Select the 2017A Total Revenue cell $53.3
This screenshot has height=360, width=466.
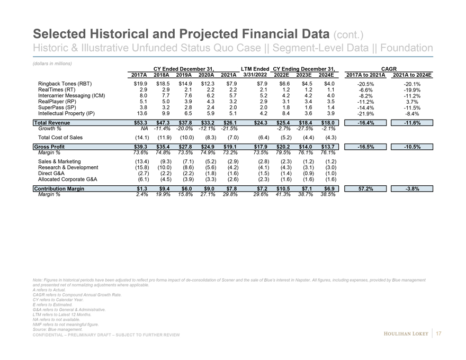click(x=139, y=123)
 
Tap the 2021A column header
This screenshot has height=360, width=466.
click(x=228, y=75)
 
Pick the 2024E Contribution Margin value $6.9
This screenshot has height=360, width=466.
click(x=329, y=188)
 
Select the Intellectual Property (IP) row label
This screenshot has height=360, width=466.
click(x=66, y=113)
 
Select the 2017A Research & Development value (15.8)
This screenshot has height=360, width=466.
click(x=139, y=167)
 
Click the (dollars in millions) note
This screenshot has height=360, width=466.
click(x=51, y=64)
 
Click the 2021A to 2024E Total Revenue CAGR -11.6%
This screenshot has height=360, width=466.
click(x=411, y=123)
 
